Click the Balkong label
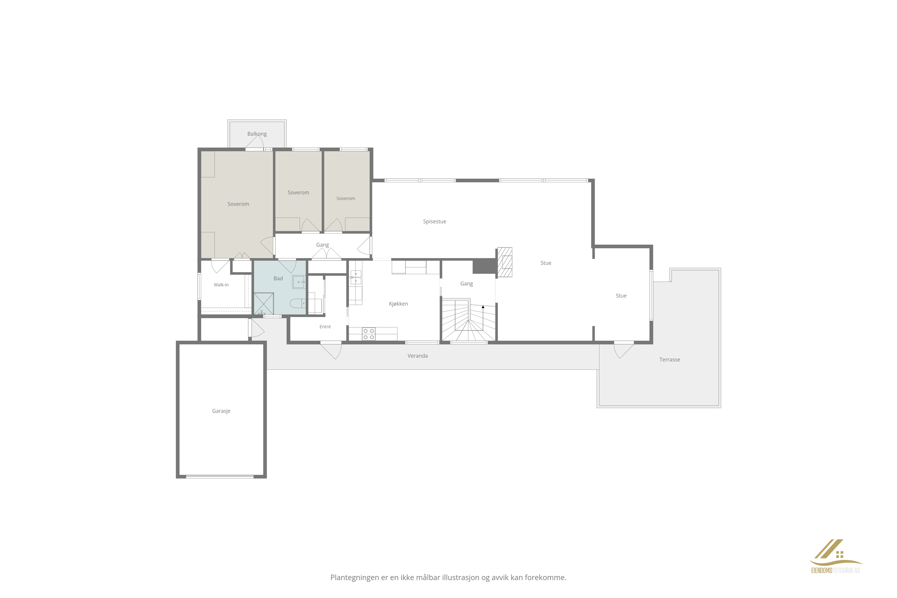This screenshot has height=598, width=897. click(257, 134)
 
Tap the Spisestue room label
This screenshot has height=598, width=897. click(434, 222)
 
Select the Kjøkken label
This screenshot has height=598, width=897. click(398, 304)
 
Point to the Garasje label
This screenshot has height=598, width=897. click(221, 411)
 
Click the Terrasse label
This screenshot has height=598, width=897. click(670, 360)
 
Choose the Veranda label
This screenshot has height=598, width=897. click(418, 356)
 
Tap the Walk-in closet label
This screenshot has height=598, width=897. click(221, 285)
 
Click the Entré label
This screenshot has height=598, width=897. click(325, 327)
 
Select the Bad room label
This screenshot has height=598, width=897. click(278, 278)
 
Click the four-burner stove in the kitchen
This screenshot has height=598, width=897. click(368, 334)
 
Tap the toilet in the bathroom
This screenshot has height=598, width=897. click(298, 304)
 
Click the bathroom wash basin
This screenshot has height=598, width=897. click(299, 282)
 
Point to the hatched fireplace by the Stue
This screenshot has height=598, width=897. click(505, 262)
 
